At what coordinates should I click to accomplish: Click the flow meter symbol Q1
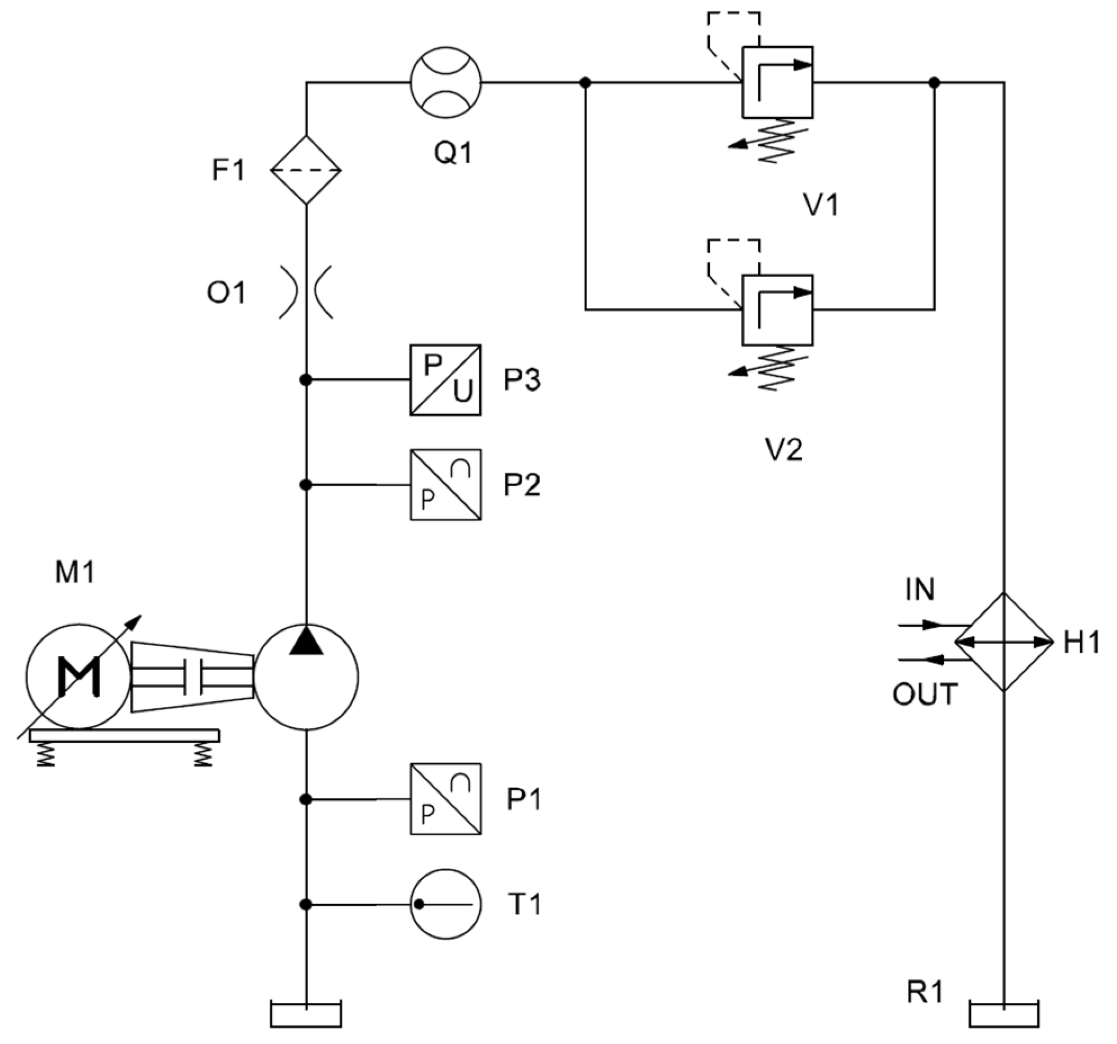446,83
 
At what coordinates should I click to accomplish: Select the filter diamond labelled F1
306,169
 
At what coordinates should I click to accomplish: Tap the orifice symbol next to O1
306,293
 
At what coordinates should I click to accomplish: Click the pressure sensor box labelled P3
445,380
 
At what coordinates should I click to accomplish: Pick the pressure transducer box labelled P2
445,485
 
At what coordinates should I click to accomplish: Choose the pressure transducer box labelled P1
445,799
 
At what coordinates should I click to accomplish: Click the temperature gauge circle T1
445,904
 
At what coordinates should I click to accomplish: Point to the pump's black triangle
306,641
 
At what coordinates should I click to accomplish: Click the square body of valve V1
777,83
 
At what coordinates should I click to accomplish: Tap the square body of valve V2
777,310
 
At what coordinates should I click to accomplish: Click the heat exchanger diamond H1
1004,642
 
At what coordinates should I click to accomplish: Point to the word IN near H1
920,590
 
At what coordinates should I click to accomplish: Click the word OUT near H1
925,694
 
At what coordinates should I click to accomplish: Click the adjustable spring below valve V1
776,141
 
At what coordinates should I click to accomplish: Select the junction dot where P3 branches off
306,380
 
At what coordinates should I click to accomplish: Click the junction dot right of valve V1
934,83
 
